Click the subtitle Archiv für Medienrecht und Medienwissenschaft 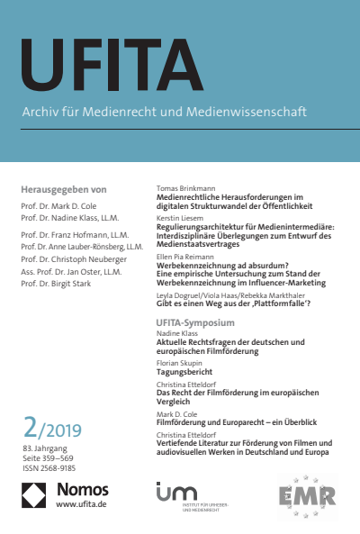point(163,113)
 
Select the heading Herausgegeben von point(63,190)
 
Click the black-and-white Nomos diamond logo point(34,494)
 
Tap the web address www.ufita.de point(82,505)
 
